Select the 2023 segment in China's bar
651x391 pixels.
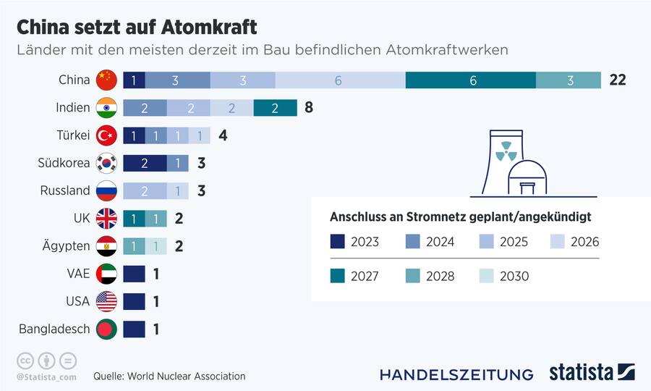coord(134,80)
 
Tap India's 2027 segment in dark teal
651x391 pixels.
coord(275,108)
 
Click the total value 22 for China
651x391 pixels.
coord(616,80)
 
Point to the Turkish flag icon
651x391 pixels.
coord(106,135)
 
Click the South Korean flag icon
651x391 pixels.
coord(106,163)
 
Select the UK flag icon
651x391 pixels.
coord(106,218)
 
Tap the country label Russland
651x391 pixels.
coord(65,190)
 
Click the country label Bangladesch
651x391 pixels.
coord(54,329)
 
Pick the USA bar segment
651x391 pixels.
coord(134,301)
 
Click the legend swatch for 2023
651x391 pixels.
coord(338,242)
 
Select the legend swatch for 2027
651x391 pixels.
coord(338,276)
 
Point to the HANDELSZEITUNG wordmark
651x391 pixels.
coord(456,374)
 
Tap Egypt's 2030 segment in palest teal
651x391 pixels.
coord(156,246)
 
